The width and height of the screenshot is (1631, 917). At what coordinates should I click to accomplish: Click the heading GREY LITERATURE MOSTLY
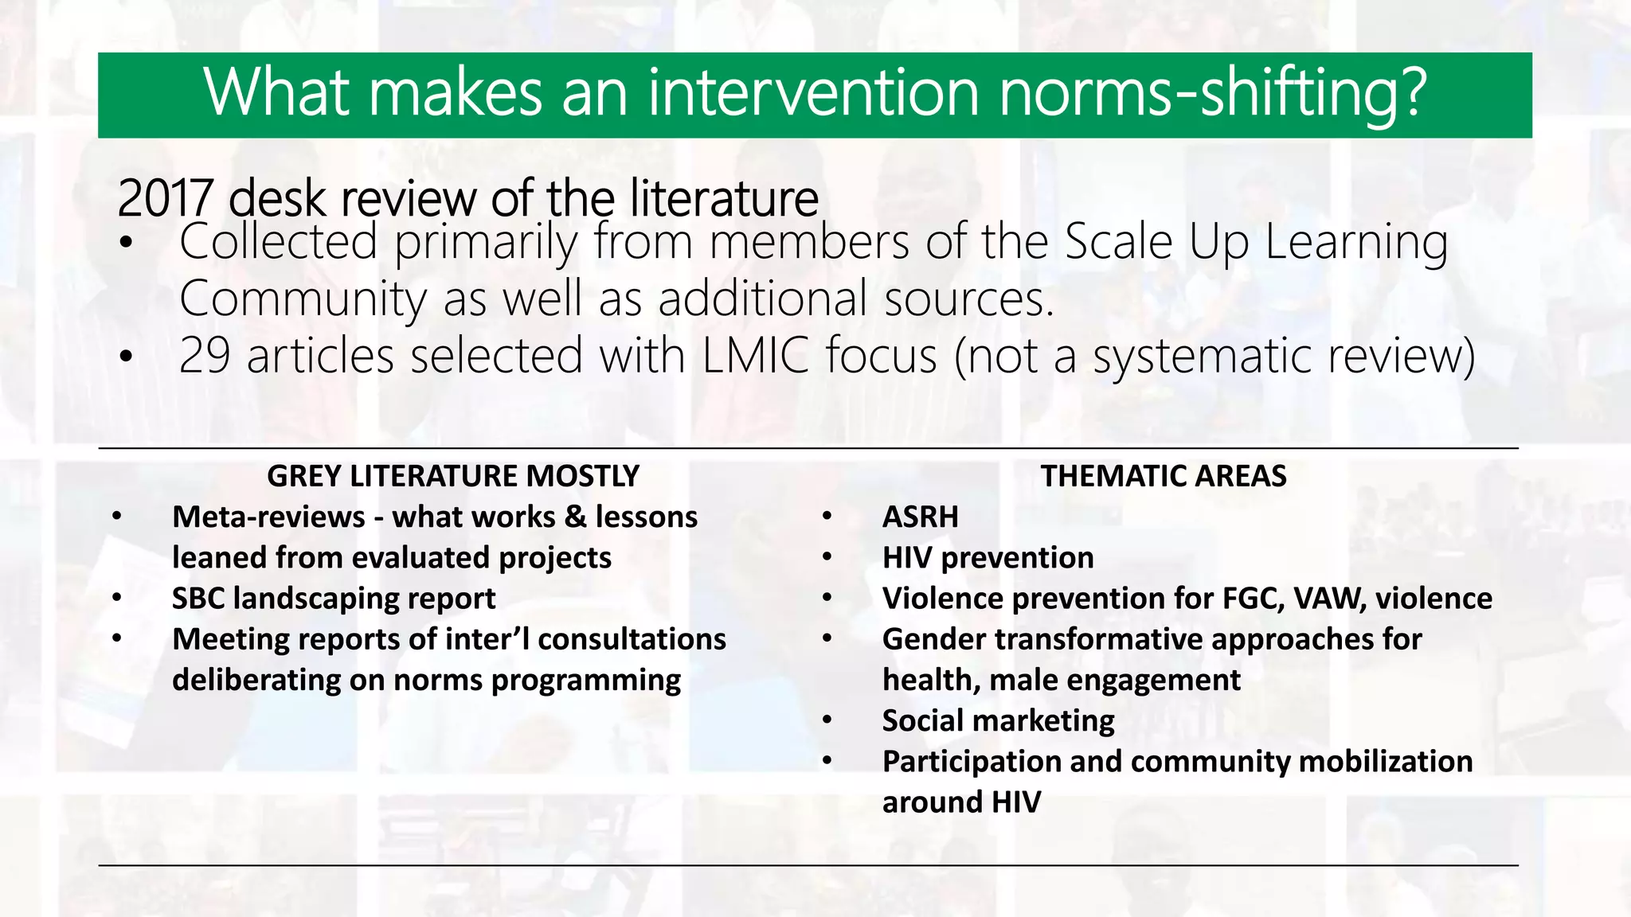click(x=453, y=476)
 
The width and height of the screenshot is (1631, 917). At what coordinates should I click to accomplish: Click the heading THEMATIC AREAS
click(x=1163, y=476)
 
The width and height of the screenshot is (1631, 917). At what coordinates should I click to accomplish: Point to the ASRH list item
click(x=920, y=517)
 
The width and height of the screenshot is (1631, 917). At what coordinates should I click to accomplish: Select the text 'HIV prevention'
click(x=988, y=558)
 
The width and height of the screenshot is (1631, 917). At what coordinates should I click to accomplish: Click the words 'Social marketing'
click(x=998, y=721)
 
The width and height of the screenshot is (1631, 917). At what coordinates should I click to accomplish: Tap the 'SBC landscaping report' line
click(x=334, y=599)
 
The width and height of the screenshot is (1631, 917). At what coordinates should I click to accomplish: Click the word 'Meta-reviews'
click(x=268, y=517)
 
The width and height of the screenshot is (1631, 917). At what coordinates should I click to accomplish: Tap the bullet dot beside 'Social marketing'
click(x=827, y=721)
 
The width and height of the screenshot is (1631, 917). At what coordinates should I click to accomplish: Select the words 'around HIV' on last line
click(x=961, y=802)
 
